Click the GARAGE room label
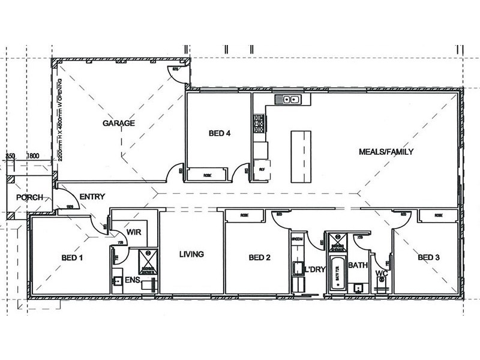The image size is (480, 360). point(118,123)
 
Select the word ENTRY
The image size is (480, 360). point(92,196)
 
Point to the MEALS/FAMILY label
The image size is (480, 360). point(386,152)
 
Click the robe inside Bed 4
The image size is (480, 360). point(206,175)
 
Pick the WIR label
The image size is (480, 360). point(133,235)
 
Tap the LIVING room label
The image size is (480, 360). point(192,254)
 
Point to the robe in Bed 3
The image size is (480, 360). point(439,215)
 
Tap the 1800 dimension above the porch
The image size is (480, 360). point(33,156)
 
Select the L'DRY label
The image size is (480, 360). point(314,269)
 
